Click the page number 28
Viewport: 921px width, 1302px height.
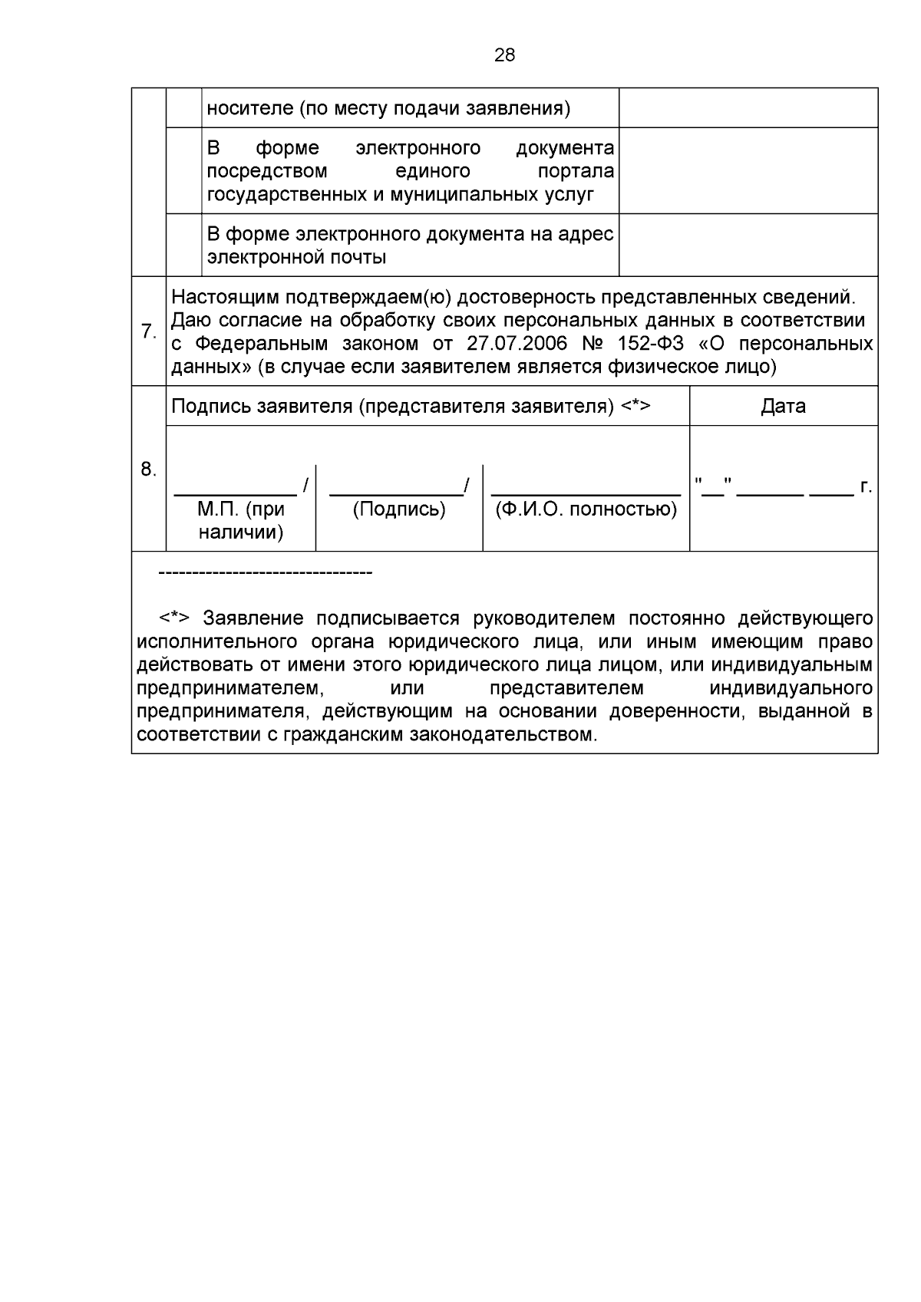click(x=504, y=55)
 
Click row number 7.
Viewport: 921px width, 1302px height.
click(x=148, y=332)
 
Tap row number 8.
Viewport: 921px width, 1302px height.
click(x=148, y=470)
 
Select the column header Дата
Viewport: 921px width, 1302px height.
click(x=783, y=406)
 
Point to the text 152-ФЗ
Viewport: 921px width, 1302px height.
click(x=650, y=343)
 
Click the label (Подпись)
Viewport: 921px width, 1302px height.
click(x=398, y=509)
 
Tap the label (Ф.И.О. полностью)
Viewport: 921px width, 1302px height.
click(x=586, y=509)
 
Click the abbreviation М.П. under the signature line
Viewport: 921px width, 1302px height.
click(x=219, y=509)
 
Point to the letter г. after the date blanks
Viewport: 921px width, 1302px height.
click(x=866, y=486)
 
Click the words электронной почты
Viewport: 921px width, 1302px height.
click(x=296, y=257)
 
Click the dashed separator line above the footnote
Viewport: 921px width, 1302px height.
click(x=265, y=573)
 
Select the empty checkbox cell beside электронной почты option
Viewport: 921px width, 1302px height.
click(x=184, y=245)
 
